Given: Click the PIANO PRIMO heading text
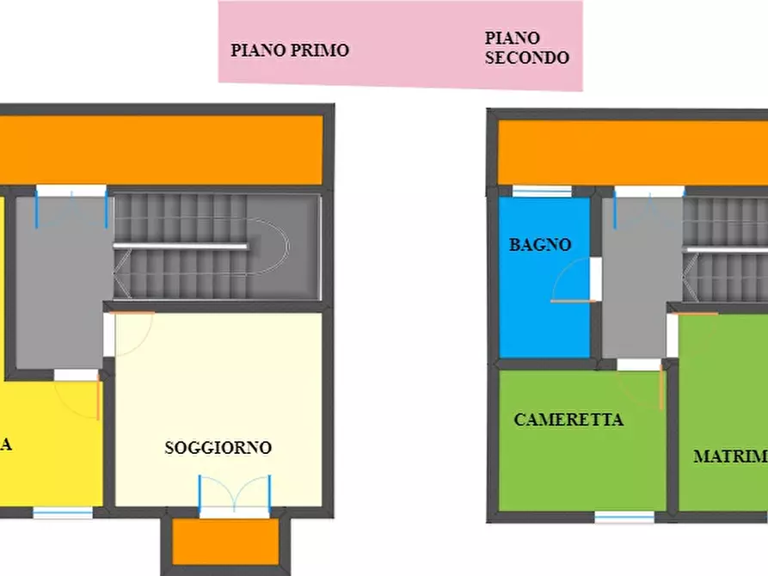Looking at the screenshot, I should click(290, 50).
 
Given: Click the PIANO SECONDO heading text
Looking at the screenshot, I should click(526, 48).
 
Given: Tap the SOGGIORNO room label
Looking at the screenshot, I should click(218, 448).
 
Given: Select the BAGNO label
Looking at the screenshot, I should click(540, 245).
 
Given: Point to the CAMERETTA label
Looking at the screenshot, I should click(568, 420).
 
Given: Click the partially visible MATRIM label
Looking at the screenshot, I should click(730, 457).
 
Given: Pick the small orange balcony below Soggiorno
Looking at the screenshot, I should click(225, 542).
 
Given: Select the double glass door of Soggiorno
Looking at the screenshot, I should click(234, 498).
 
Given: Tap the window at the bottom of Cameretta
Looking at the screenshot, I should click(624, 517).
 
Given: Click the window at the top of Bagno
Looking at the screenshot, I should click(542, 192).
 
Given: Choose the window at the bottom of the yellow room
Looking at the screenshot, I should click(63, 512).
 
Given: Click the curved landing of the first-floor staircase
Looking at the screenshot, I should click(272, 247).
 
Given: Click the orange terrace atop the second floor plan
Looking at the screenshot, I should click(632, 152).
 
